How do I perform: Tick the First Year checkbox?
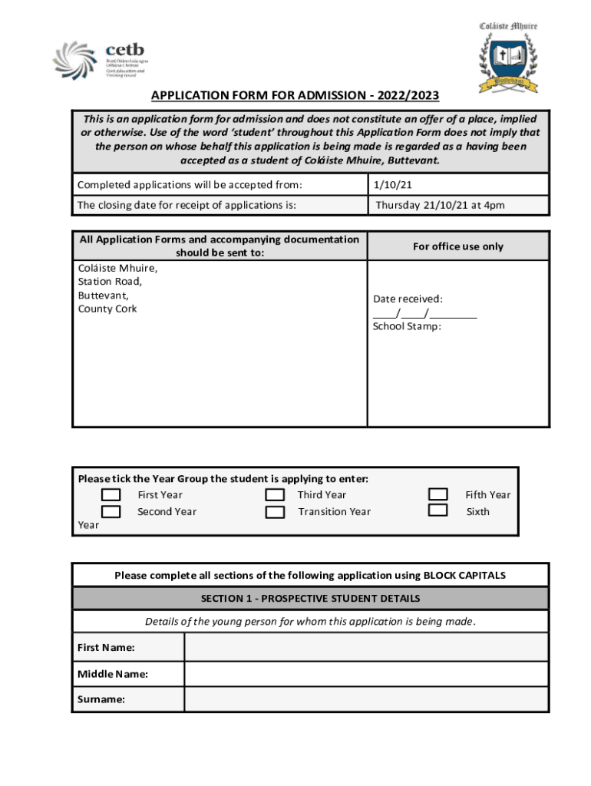(111, 495)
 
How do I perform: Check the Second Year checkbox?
(111, 512)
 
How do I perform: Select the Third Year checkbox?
(275, 495)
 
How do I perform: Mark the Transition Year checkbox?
(275, 512)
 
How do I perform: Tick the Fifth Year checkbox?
(437, 494)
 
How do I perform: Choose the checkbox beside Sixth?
(437, 510)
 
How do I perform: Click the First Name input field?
(366, 647)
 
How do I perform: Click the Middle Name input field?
(366, 674)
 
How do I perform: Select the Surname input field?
(366, 699)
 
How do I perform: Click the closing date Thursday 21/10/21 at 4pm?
(440, 205)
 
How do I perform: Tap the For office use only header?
(457, 246)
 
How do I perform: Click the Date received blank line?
(424, 313)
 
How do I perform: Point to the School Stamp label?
(407, 326)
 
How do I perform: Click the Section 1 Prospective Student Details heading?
(310, 598)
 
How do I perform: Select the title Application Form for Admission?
(295, 95)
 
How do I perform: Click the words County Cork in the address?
(107, 309)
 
